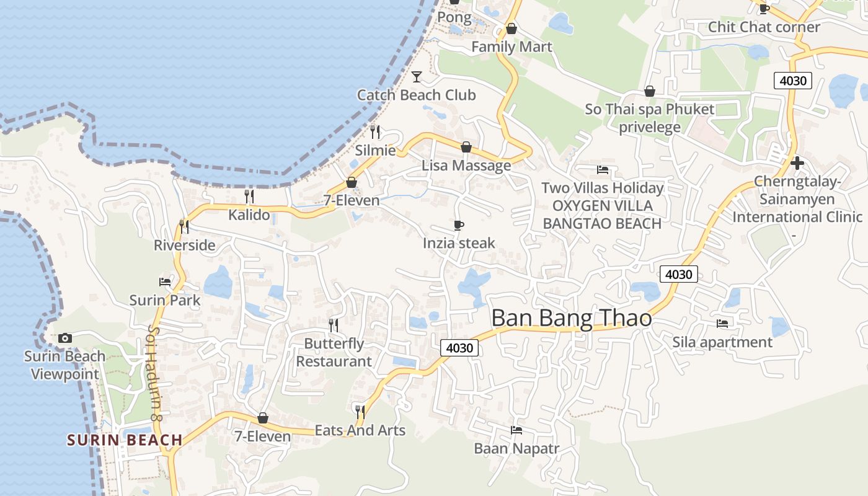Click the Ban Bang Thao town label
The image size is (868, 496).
pyautogui.click(x=571, y=318)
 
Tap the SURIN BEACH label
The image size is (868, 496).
pyautogui.click(x=125, y=440)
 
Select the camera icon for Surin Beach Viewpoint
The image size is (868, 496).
pyautogui.click(x=64, y=338)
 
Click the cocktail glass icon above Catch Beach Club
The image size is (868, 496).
pyautogui.click(x=417, y=76)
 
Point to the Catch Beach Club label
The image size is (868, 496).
pyautogui.click(x=416, y=95)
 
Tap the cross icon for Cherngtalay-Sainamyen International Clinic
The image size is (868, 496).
pyautogui.click(x=797, y=163)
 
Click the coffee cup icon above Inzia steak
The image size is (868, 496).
pyautogui.click(x=459, y=225)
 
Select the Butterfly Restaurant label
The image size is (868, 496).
pyautogui.click(x=334, y=352)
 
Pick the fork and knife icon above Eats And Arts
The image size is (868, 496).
pyautogui.click(x=360, y=411)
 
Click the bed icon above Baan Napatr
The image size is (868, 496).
pyautogui.click(x=516, y=430)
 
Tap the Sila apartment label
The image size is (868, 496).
pyautogui.click(x=722, y=342)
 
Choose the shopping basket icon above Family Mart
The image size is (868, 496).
pyautogui.click(x=511, y=29)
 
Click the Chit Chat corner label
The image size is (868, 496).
pyautogui.click(x=764, y=27)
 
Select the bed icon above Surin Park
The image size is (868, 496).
pyautogui.click(x=165, y=281)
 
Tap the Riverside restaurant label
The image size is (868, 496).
pyautogui.click(x=185, y=245)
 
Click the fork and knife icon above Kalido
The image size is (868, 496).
pyautogui.click(x=249, y=196)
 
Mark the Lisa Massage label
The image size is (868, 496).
pyautogui.click(x=466, y=166)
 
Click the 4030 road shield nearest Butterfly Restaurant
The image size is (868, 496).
pyautogui.click(x=459, y=348)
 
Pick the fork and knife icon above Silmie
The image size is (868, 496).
pyautogui.click(x=375, y=131)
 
